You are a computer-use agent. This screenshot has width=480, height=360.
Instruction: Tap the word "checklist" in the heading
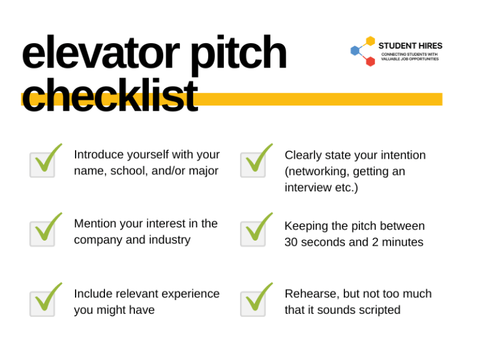(109, 97)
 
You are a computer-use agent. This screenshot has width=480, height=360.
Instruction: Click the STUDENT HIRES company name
(410, 46)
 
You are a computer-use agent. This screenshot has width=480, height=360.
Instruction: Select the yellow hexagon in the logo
(371, 41)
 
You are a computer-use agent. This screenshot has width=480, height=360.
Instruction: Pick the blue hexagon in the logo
(355, 51)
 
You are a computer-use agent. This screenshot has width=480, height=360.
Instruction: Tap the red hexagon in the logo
(370, 61)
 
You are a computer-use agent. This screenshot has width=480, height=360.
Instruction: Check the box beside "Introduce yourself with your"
(42, 164)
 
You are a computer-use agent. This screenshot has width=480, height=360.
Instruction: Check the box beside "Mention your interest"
(42, 232)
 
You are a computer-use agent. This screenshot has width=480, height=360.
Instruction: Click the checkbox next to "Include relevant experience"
(42, 302)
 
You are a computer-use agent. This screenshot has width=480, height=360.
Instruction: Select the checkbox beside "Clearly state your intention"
(253, 164)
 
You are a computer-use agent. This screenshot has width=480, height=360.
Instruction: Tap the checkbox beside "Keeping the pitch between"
(253, 232)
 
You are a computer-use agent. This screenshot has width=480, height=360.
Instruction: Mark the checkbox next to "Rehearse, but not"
(253, 302)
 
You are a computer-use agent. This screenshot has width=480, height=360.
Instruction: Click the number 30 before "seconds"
(291, 242)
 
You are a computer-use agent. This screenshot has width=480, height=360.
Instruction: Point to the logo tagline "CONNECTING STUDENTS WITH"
(409, 54)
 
